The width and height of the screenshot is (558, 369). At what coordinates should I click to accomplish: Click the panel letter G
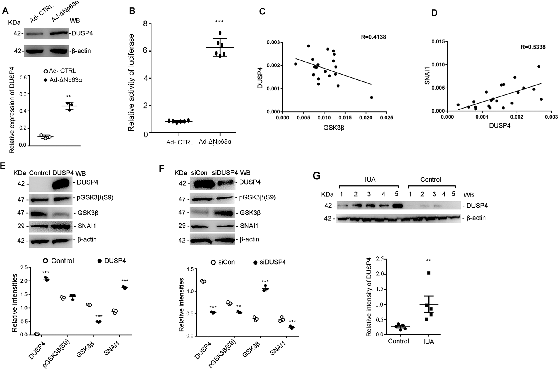click(317, 176)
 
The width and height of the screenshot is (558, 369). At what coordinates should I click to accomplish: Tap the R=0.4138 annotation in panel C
click(373, 37)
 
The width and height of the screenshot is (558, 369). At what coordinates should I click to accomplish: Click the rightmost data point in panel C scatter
click(371, 98)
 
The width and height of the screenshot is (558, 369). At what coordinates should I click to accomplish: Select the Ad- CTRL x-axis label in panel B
click(180, 142)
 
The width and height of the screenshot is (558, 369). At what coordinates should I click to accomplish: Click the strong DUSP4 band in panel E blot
click(61, 183)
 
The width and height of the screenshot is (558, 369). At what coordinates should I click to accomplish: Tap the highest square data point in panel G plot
click(429, 273)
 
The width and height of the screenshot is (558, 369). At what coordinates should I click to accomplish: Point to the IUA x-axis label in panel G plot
click(428, 341)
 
